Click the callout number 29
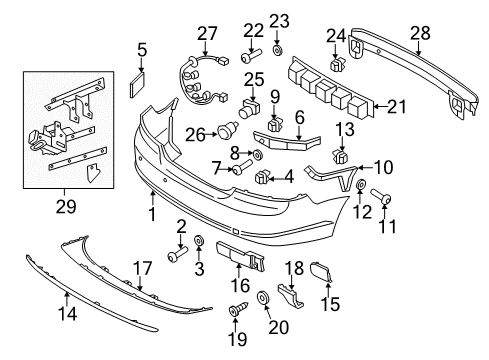(x=66, y=207)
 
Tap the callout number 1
(x=152, y=214)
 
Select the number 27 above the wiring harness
(x=207, y=34)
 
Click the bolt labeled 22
(x=251, y=56)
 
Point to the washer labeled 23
(x=277, y=50)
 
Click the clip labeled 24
(x=337, y=64)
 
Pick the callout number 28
(x=420, y=34)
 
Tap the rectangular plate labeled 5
(x=137, y=85)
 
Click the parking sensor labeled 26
(x=228, y=129)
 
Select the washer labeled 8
(x=258, y=154)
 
